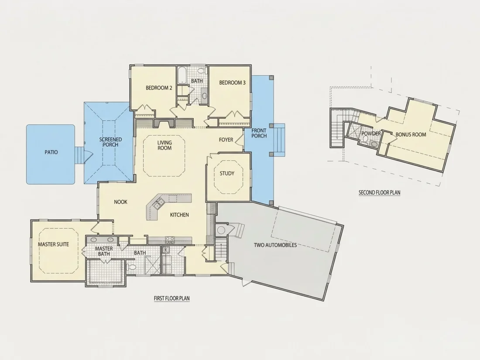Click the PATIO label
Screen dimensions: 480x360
click(51, 152)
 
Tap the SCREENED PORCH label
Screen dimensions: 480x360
click(110, 142)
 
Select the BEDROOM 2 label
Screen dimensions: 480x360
click(159, 88)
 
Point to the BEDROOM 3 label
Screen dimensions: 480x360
click(232, 82)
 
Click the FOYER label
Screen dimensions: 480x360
click(226, 140)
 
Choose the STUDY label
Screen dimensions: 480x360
click(227, 174)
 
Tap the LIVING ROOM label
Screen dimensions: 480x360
click(165, 145)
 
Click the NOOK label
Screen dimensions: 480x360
click(120, 202)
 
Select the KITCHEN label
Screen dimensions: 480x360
click(179, 215)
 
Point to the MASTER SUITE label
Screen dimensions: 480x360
click(53, 244)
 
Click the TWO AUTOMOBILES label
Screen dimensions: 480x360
click(275, 245)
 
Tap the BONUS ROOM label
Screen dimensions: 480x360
click(411, 134)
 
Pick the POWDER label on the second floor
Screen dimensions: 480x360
click(371, 134)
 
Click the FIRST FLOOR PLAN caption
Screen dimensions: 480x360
click(172, 298)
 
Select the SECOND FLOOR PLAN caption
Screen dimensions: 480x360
click(379, 192)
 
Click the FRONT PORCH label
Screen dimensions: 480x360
click(259, 133)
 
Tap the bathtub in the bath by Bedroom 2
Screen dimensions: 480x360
click(182, 75)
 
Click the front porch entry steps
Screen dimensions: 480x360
click(280, 137)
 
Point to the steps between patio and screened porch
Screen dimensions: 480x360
click(79, 155)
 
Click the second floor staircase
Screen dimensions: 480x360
click(338, 128)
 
